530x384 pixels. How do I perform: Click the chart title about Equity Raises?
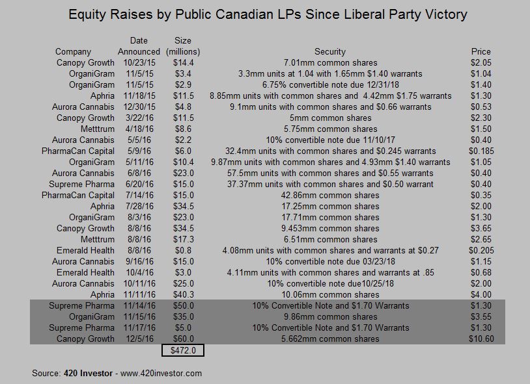[268, 14]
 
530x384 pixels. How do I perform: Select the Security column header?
[330, 51]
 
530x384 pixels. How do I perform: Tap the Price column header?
[481, 51]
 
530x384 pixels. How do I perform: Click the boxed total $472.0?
[184, 351]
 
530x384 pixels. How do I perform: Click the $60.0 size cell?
[184, 339]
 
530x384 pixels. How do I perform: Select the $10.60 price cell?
[481, 339]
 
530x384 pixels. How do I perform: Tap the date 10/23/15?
[139, 62]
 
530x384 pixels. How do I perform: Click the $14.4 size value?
[184, 62]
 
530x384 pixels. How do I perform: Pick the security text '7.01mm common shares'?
[330, 62]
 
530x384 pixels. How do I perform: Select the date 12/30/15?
[139, 107]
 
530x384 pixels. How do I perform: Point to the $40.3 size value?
[184, 294]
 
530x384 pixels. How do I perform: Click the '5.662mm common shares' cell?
[330, 339]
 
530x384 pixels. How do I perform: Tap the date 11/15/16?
[139, 316]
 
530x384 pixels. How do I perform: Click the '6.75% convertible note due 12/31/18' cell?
[330, 84]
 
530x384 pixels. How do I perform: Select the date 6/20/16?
[139, 184]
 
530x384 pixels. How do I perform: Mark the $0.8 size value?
[184, 250]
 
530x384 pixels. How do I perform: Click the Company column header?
[73, 51]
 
